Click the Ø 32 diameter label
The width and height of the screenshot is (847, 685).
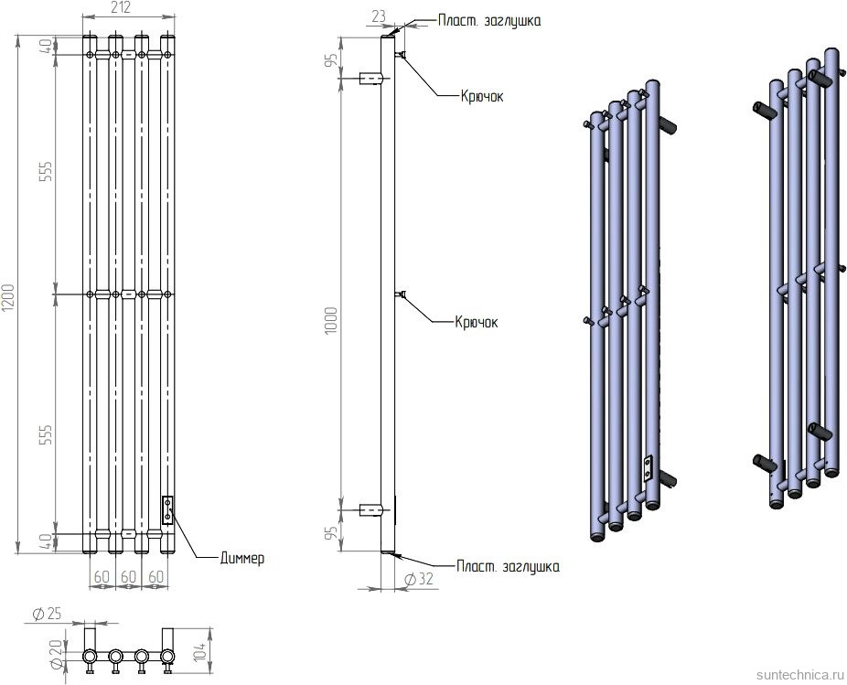(417, 579)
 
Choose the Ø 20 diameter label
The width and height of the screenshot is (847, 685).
(30, 655)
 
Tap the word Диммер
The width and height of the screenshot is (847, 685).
(242, 558)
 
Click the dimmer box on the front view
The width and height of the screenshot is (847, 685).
(167, 509)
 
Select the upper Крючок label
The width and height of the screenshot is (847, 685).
(481, 95)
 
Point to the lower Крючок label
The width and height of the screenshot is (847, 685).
(477, 322)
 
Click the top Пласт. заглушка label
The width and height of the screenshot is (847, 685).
(489, 20)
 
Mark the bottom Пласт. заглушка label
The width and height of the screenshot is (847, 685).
(508, 567)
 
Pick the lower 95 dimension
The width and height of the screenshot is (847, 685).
(333, 530)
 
